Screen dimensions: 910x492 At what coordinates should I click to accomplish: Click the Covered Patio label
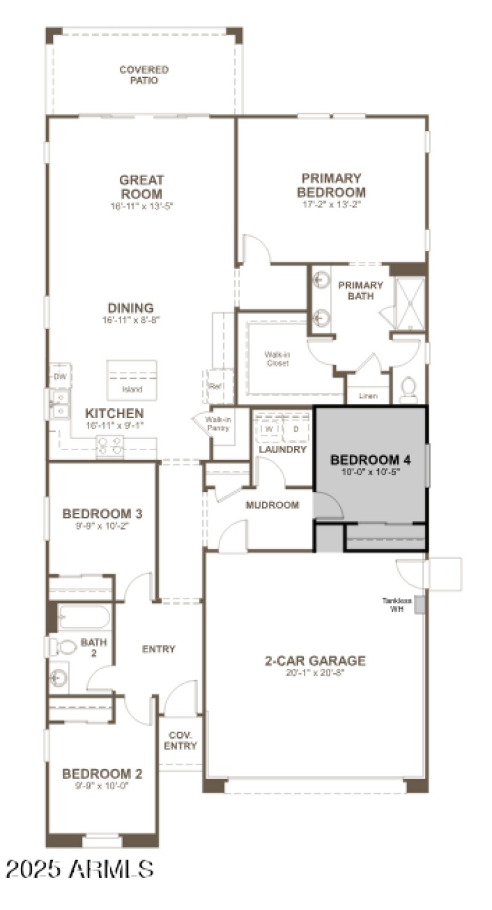pos(144,75)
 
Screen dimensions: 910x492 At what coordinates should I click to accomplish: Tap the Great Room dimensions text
pos(141,207)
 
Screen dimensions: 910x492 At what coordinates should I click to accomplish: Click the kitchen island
pos(132,380)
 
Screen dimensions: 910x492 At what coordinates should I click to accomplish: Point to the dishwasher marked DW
pos(60,376)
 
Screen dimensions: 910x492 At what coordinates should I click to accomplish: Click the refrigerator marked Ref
pos(215,386)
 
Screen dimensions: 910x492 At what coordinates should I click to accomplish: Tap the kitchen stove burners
pos(109,445)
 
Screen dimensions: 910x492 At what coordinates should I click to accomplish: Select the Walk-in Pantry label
pos(218,423)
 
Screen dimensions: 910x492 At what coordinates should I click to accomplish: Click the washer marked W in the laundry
pos(269,429)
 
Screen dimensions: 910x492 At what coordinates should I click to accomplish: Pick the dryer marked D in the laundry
pos(296,429)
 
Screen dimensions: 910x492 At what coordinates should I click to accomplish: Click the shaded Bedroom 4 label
pos(370,460)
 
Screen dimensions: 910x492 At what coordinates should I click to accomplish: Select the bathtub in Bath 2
pos(84,617)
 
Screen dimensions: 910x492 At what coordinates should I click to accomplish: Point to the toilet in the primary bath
pos(408,389)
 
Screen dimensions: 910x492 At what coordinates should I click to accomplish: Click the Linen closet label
pos(368,396)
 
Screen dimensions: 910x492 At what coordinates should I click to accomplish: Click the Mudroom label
pos(272,505)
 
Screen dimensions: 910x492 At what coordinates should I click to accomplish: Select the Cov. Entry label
pos(180,741)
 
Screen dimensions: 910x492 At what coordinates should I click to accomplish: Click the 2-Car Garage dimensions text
pos(315,672)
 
